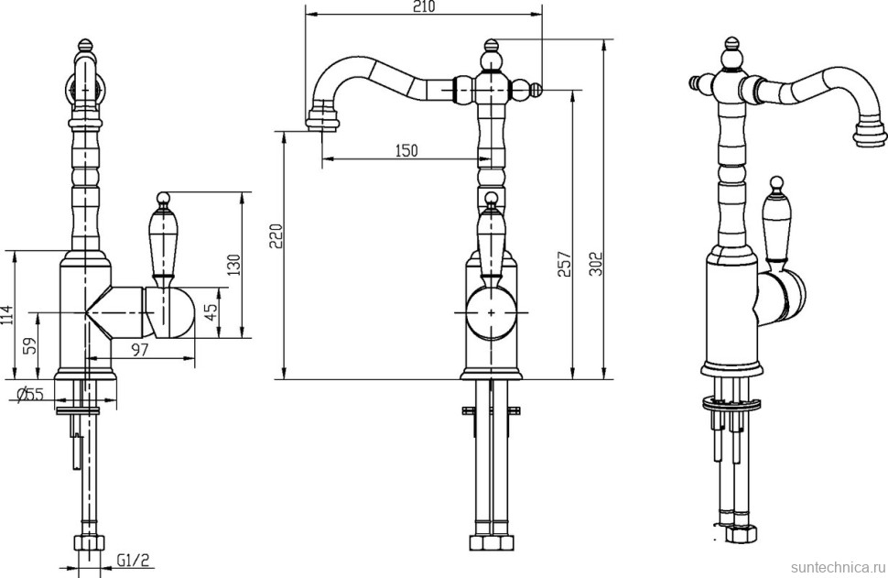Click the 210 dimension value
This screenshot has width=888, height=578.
425,6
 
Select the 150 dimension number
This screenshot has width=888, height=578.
406,150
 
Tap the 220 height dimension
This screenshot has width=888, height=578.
276,235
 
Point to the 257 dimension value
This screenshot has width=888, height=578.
565,264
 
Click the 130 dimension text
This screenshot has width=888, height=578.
233,265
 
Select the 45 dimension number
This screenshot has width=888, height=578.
211,312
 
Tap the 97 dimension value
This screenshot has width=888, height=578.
139,350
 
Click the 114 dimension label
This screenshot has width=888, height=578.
6,315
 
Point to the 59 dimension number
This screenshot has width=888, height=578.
30,345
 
